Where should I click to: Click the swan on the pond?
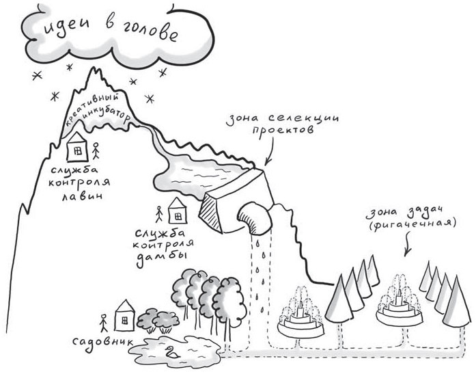click(171, 352)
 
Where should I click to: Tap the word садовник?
click(102, 341)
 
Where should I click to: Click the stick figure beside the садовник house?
click(104, 323)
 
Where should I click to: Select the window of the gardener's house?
click(124, 321)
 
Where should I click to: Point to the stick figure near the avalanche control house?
click(96, 150)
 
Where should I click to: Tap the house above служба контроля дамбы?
click(178, 211)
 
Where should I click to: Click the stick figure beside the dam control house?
click(158, 215)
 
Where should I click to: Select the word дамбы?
click(161, 259)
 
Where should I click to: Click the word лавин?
click(82, 196)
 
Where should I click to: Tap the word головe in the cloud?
click(150, 31)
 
